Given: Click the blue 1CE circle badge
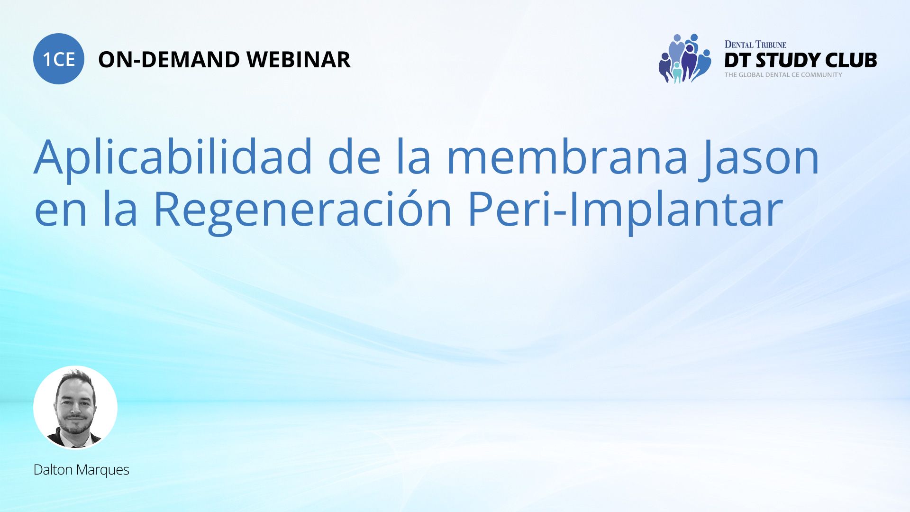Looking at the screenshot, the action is pos(59,59).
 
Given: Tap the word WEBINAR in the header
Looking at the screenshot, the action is pos(299,60).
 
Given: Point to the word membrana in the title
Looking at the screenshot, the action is pos(567,156).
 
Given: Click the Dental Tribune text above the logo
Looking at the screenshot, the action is pos(755,45).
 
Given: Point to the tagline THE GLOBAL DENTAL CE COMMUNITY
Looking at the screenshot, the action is pos(783,75).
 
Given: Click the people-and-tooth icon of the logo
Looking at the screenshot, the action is pos(685,59).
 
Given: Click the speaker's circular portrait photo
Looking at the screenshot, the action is pos(75,407).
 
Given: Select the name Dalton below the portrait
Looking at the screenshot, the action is pos(53,470).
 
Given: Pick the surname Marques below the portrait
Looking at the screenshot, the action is pos(103,471).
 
